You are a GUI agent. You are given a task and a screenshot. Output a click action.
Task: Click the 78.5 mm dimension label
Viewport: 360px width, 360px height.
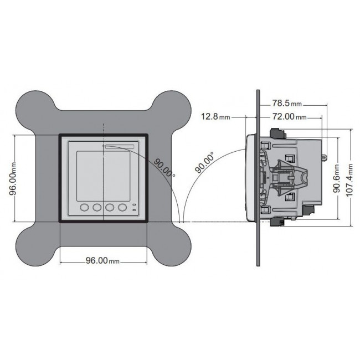coord(286,104)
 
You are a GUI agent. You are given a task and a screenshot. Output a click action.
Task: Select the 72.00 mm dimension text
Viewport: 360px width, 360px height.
coord(287,117)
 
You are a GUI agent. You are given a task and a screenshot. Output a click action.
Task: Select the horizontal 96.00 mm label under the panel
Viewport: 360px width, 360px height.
coord(102,261)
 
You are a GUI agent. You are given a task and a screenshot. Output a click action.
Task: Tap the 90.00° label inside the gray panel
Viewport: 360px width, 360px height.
coord(164,166)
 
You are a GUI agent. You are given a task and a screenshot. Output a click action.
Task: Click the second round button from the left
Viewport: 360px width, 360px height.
coord(97,208)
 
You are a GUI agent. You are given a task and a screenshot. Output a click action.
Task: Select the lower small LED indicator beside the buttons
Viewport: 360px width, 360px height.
coord(134,211)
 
